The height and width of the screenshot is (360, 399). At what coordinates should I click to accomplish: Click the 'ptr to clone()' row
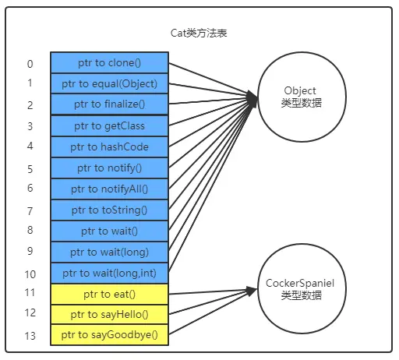click(x=109, y=62)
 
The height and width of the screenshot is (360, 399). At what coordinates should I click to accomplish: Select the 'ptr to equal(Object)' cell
click(x=109, y=83)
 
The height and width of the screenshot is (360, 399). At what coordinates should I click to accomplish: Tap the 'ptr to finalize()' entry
click(x=109, y=104)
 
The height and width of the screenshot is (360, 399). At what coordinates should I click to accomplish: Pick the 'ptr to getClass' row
click(x=109, y=126)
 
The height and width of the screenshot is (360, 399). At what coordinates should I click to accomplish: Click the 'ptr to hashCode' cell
click(x=109, y=147)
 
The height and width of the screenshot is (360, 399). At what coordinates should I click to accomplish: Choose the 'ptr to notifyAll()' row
click(x=109, y=189)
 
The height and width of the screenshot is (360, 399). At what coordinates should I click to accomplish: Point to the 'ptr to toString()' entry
click(x=109, y=210)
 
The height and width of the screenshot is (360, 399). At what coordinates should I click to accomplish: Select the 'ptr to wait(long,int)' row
click(x=109, y=274)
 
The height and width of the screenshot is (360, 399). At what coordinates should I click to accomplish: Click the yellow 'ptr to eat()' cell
click(x=109, y=295)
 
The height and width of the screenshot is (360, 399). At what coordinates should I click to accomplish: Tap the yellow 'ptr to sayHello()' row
click(x=109, y=315)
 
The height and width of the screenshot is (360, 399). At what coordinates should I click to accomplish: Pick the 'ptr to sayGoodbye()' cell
click(x=109, y=335)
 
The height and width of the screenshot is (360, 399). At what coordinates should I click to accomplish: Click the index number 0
click(x=30, y=64)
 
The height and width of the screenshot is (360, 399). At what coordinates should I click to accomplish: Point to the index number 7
click(x=30, y=211)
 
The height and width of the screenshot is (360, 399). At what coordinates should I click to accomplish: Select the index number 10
click(x=30, y=274)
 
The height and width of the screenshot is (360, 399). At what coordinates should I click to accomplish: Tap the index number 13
click(x=30, y=336)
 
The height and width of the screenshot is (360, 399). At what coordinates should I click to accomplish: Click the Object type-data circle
click(x=302, y=97)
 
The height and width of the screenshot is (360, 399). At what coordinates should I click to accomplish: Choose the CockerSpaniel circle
click(x=302, y=288)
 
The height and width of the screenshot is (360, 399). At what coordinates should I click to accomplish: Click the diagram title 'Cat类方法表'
click(x=199, y=33)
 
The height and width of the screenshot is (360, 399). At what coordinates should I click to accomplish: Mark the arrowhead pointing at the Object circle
click(x=252, y=98)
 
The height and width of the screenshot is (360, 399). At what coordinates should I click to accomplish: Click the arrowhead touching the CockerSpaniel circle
click(x=252, y=291)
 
